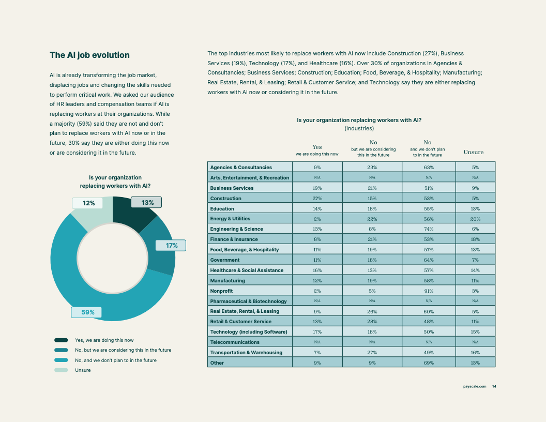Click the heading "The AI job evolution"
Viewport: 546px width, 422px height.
pos(89,55)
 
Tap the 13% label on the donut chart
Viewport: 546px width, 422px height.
pos(146,202)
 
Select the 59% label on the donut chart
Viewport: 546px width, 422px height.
pos(86,312)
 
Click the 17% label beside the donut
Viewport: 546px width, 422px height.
pos(171,246)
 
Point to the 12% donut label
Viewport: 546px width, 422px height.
pos(87,203)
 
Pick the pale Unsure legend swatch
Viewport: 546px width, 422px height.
pos(61,370)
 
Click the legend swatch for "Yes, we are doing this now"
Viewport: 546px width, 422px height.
pos(61,340)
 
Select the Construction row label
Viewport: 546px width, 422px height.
pos(225,198)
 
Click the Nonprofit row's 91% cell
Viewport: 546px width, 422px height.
pos(429,291)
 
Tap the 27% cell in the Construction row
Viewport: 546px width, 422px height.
pos(317,198)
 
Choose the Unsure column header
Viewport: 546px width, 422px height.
pos(474,152)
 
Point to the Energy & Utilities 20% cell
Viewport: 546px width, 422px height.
pos(475,219)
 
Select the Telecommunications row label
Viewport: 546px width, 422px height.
pos(235,342)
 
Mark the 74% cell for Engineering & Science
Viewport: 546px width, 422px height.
pos(429,229)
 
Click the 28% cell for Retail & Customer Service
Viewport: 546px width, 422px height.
pos(372,321)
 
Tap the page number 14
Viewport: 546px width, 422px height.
pos(494,386)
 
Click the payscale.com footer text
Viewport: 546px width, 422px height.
pos(475,386)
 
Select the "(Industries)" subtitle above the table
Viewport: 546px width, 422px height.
pos(359,128)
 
